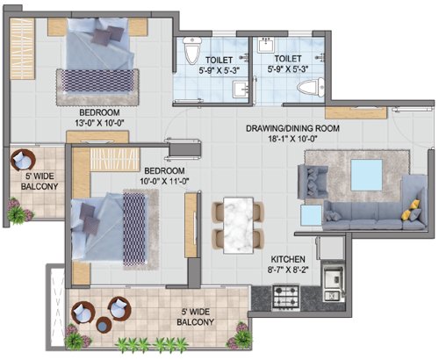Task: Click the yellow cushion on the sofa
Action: tap(408, 211)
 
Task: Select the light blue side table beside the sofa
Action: tap(310, 216)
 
